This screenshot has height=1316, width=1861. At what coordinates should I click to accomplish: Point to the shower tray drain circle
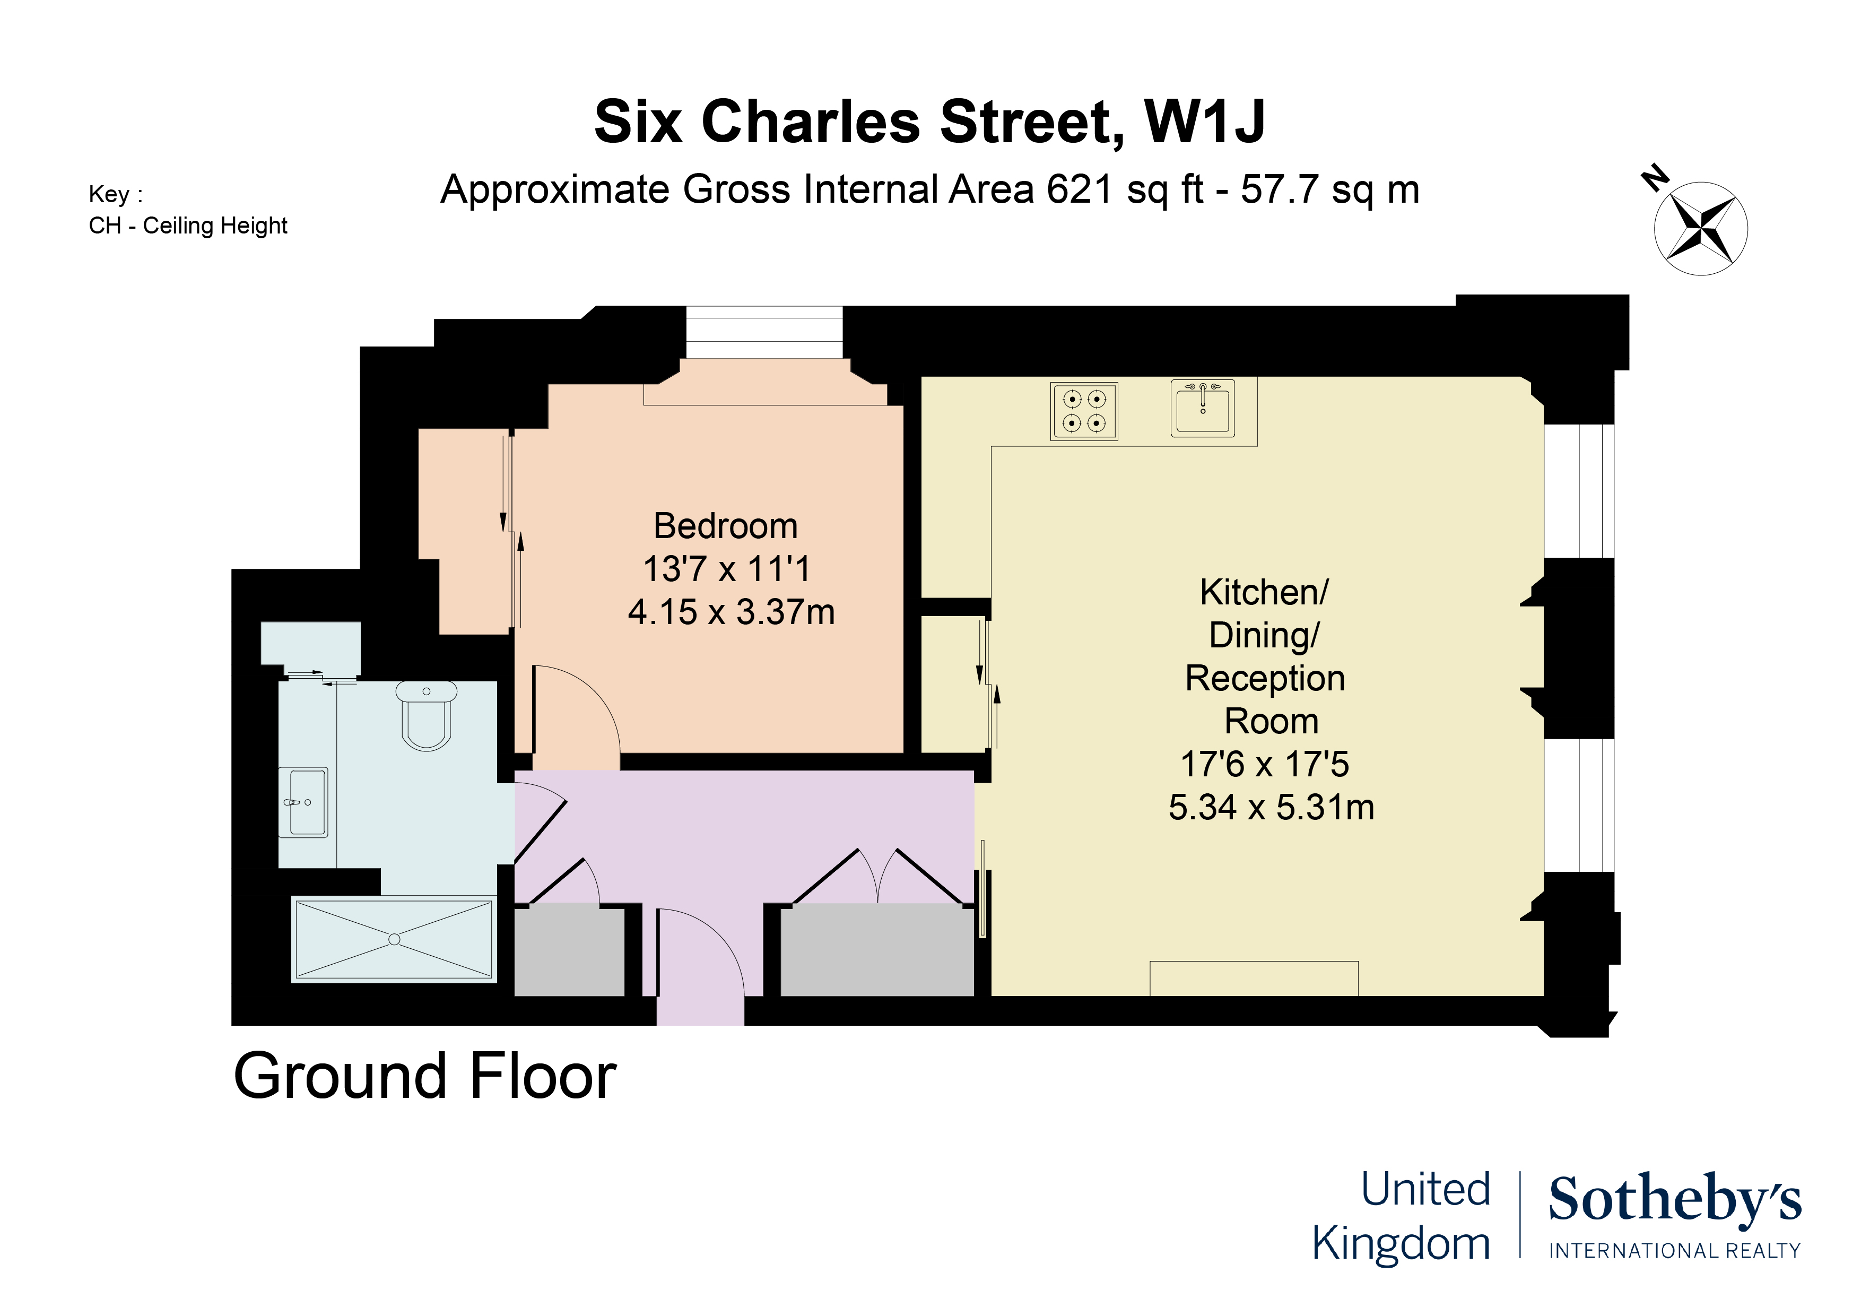point(395,940)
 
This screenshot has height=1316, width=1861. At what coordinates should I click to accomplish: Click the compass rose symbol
point(1700,229)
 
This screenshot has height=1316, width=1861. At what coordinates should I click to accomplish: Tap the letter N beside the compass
point(1654,178)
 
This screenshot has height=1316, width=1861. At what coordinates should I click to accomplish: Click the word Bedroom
point(725,526)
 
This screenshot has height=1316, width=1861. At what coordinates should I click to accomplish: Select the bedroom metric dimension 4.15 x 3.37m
point(731,612)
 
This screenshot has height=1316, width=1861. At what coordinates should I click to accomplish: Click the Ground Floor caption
point(425,1077)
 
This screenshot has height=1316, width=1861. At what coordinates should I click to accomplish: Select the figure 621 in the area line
point(1079,190)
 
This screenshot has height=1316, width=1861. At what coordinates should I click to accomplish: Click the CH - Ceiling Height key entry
point(188,226)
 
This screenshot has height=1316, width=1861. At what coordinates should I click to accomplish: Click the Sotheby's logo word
point(1675,1200)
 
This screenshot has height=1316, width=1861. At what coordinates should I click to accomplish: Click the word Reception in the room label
point(1264,678)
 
